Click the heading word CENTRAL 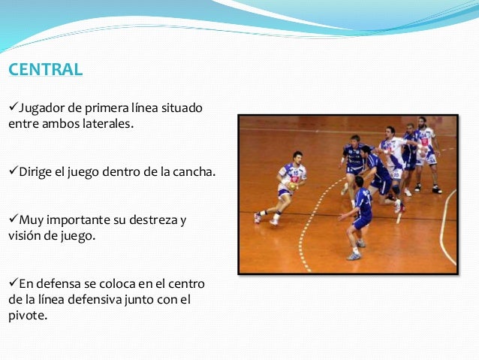pyautogui.click(x=45, y=70)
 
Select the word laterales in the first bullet pyautogui.click(x=107, y=123)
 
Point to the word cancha pyautogui.click(x=194, y=172)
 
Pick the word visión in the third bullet pyautogui.click(x=25, y=235)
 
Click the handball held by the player pyautogui.click(x=291, y=186)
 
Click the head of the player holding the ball pyautogui.click(x=298, y=157)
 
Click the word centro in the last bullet pyautogui.click(x=197, y=285)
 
